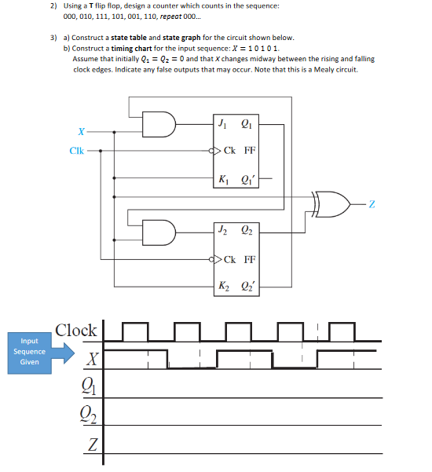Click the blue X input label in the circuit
(x=81, y=131)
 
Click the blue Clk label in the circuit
(x=77, y=151)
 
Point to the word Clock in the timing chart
(x=76, y=330)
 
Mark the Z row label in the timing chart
(x=93, y=446)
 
